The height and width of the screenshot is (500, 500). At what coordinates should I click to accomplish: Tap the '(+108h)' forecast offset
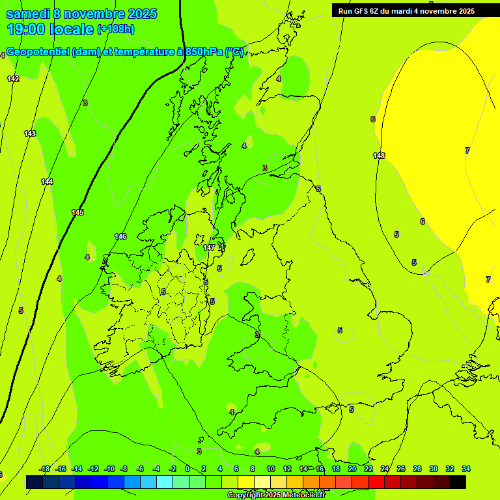pos(115,29)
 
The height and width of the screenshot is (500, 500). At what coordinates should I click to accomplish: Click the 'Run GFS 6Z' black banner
pos(406,10)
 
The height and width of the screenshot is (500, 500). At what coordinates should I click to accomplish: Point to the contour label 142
pos(13,79)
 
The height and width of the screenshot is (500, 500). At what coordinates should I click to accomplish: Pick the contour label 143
pos(30,133)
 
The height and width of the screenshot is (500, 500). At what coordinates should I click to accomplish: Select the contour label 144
pos(47,182)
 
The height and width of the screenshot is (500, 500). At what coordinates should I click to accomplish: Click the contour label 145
pos(77,213)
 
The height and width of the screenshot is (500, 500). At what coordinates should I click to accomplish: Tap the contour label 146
pos(120,236)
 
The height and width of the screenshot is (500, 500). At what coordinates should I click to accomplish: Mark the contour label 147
pos(209,248)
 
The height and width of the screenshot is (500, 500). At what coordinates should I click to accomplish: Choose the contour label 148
pos(379,156)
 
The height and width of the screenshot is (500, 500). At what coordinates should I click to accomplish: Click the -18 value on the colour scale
pos(44,469)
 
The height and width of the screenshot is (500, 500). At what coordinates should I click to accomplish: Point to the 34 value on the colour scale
pos(466,469)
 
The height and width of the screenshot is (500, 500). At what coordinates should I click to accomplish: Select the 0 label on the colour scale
pos(187,469)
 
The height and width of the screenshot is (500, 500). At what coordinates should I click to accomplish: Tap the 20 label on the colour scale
pos(352,469)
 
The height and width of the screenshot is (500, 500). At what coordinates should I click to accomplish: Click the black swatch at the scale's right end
pos(458,482)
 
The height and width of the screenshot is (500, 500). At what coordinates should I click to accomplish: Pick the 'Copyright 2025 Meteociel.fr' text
pos(276,495)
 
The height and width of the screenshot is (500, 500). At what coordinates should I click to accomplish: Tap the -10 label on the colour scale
pos(109,469)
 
